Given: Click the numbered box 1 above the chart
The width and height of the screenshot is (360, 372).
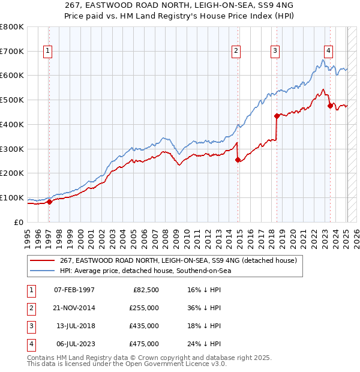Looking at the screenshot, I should point(47,51).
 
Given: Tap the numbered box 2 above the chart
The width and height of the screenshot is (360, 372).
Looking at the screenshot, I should point(237,51).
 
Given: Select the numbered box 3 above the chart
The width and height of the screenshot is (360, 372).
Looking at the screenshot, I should point(275,51).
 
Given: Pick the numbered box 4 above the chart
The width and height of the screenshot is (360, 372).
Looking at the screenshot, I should point(329,51).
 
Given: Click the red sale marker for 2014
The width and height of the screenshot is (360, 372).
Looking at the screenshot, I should point(238,160).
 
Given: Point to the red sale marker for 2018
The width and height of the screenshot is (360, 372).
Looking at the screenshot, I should point(277,116).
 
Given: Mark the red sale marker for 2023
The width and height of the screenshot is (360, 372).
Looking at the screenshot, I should point(330,106).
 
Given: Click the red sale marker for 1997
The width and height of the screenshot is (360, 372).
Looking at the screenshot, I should point(49,202).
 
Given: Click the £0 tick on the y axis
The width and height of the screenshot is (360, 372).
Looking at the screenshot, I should point(19,222).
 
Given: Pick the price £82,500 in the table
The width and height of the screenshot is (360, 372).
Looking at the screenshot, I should point(146,290).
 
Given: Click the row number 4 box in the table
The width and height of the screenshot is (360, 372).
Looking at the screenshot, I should point(30,344).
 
